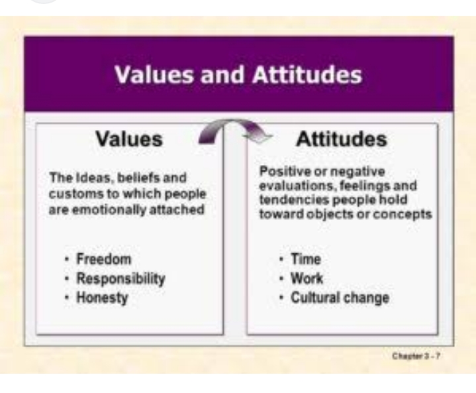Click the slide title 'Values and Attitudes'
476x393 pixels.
point(238,74)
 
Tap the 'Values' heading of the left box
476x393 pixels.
point(129,139)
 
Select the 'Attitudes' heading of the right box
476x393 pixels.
point(342,139)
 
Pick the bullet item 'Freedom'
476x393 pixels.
point(104,259)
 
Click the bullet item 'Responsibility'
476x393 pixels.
point(121,278)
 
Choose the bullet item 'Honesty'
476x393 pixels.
point(103,298)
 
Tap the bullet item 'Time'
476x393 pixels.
point(306,259)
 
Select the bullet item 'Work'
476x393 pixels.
point(307,278)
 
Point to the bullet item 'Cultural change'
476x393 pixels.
point(340,298)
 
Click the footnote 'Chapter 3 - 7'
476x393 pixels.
point(416,356)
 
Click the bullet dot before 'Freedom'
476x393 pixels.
point(66,259)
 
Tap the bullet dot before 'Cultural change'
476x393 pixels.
point(281,298)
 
